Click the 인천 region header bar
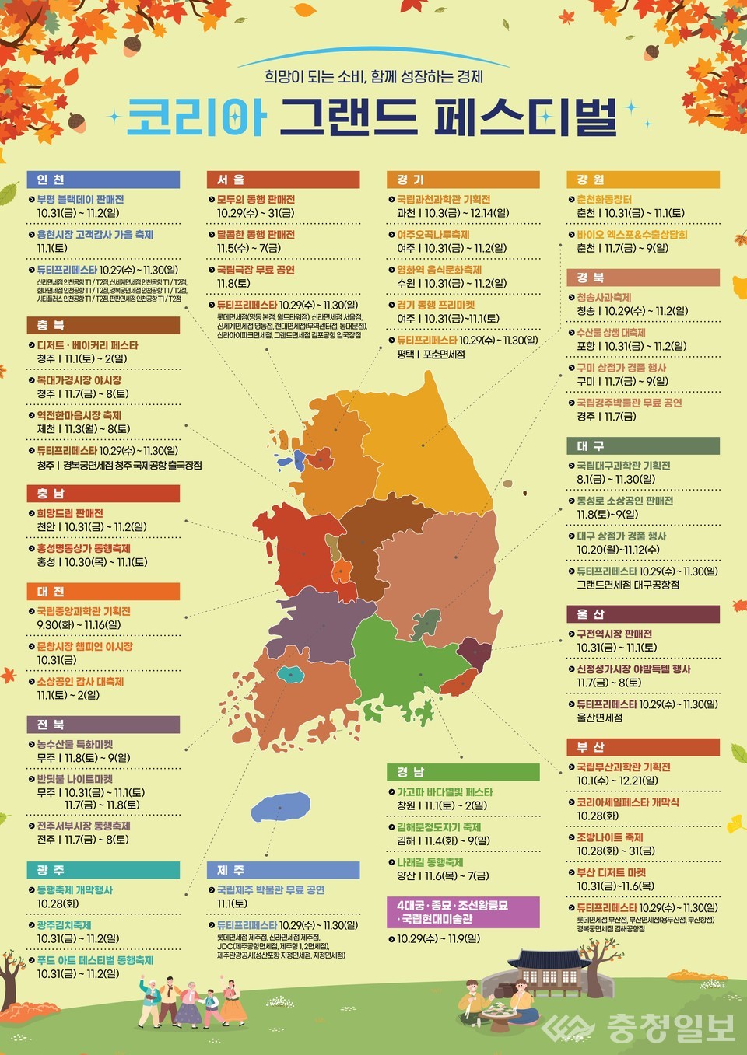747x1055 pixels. (x=103, y=180)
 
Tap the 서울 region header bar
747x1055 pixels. (x=283, y=180)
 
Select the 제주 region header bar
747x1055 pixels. (x=283, y=870)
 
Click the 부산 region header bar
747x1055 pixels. (x=643, y=747)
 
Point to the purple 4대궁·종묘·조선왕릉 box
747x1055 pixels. (x=463, y=912)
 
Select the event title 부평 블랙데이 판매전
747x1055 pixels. (x=80, y=200)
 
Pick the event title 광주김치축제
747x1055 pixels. (x=64, y=925)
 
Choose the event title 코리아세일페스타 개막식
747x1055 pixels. (x=627, y=802)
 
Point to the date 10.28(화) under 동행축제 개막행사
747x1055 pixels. (x=58, y=903)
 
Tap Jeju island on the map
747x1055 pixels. (x=280, y=807)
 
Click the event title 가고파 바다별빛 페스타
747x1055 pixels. (x=444, y=792)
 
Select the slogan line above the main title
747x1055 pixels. (x=373, y=77)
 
